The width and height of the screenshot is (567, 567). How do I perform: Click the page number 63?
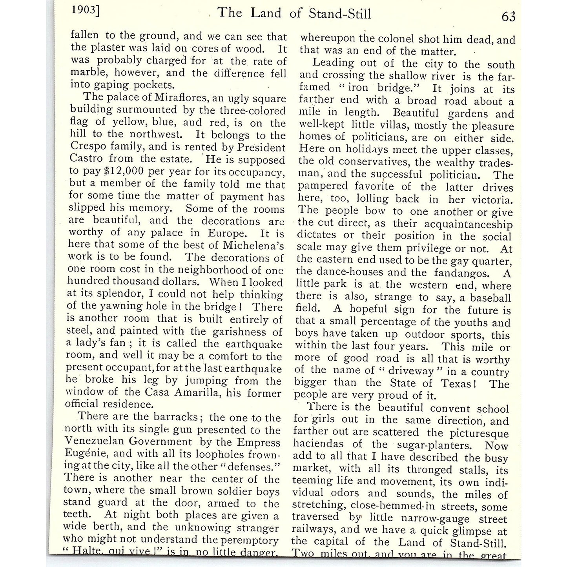pyautogui.click(x=508, y=16)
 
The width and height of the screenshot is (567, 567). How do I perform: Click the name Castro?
pyautogui.click(x=86, y=159)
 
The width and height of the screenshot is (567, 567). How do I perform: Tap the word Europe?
pyautogui.click(x=227, y=233)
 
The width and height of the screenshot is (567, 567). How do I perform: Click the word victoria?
pyautogui.click(x=492, y=200)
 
